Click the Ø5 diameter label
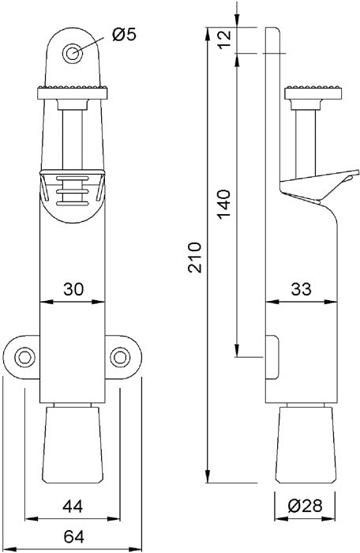(124, 35)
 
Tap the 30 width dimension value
(73, 289)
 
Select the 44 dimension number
(73, 507)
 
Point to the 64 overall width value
(73, 537)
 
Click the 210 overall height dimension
(194, 257)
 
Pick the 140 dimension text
(223, 205)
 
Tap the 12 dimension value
(223, 39)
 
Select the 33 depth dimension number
(302, 289)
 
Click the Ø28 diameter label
(305, 506)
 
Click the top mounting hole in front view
(73, 54)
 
